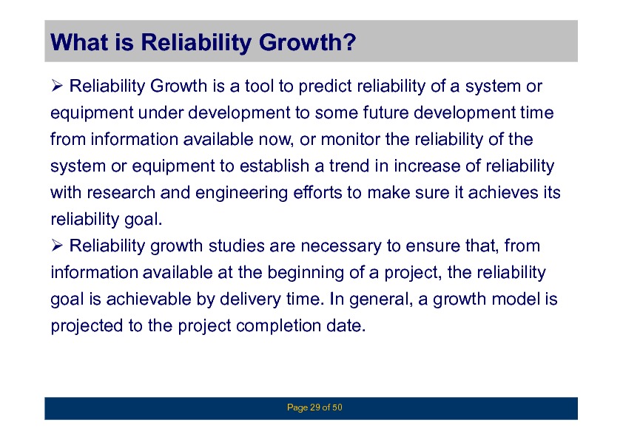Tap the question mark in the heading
click(349, 41)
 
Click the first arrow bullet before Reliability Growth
click(57, 86)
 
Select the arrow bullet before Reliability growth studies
click(57, 246)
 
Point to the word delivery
click(250, 299)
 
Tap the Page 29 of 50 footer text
click(314, 407)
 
